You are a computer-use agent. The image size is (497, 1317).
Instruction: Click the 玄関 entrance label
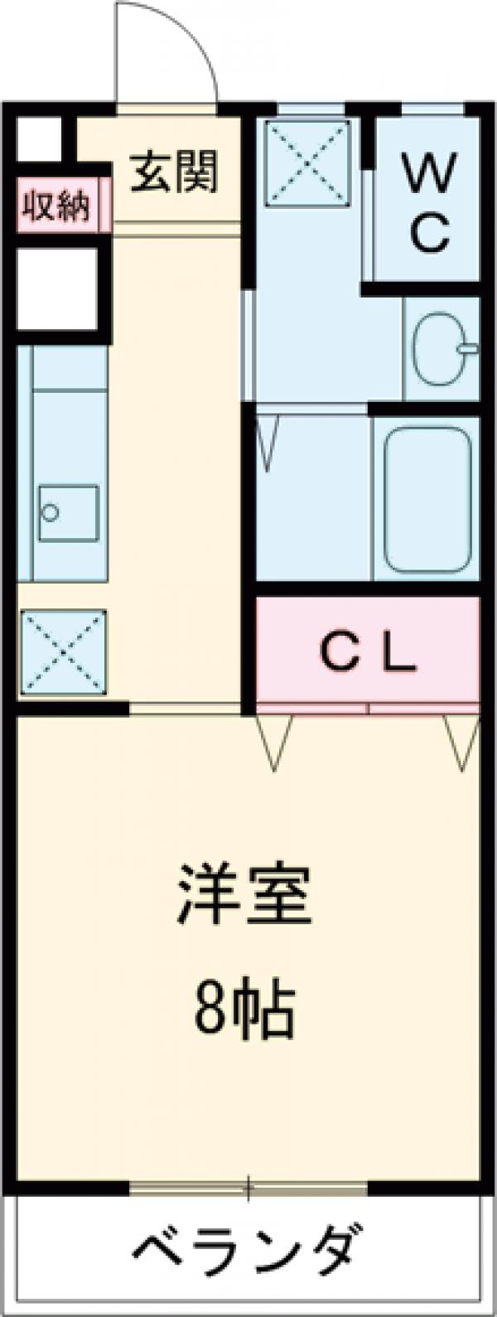(x=175, y=173)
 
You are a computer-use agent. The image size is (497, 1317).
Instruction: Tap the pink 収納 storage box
(x=55, y=205)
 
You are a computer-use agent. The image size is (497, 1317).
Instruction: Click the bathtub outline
(x=427, y=499)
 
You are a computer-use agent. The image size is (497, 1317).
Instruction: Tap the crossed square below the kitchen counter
(x=64, y=651)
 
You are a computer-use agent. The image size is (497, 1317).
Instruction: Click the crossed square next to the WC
(x=307, y=162)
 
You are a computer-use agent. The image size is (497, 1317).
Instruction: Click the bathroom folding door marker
(x=267, y=443)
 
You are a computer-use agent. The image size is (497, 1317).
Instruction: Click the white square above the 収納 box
(x=38, y=139)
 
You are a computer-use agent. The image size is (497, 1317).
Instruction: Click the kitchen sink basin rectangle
(x=68, y=513)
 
